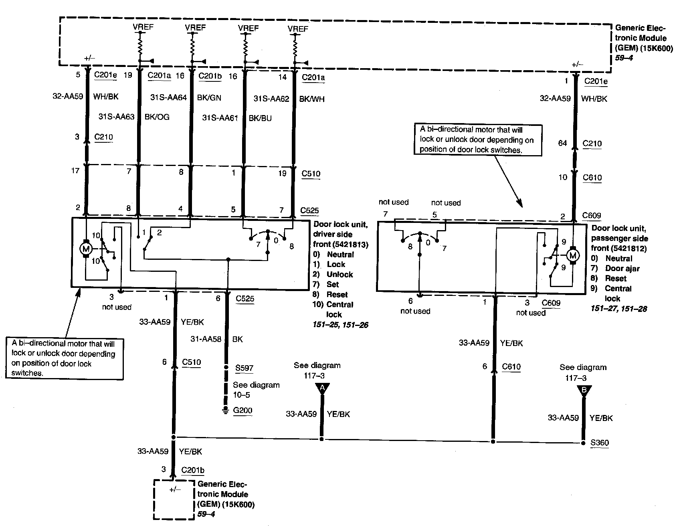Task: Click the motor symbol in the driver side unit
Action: [x=85, y=249]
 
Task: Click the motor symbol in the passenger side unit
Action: [x=573, y=255]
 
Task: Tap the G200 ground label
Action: [x=243, y=411]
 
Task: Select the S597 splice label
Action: [x=245, y=368]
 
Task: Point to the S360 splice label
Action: [x=600, y=443]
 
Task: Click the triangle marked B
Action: [x=584, y=390]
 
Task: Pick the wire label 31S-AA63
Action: [x=116, y=117]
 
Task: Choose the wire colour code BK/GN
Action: [x=209, y=97]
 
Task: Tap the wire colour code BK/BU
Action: [x=260, y=118]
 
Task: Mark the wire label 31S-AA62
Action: [x=271, y=99]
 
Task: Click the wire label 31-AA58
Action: [x=206, y=339]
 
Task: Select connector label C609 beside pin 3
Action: [x=551, y=303]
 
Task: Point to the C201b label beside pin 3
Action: [x=193, y=470]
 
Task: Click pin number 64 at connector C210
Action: [x=563, y=144]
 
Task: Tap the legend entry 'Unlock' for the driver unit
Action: [x=339, y=274]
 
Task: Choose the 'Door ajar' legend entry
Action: [x=622, y=269]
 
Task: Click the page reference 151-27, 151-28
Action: [x=618, y=309]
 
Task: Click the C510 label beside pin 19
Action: [x=311, y=174]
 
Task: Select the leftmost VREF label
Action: [x=143, y=27]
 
